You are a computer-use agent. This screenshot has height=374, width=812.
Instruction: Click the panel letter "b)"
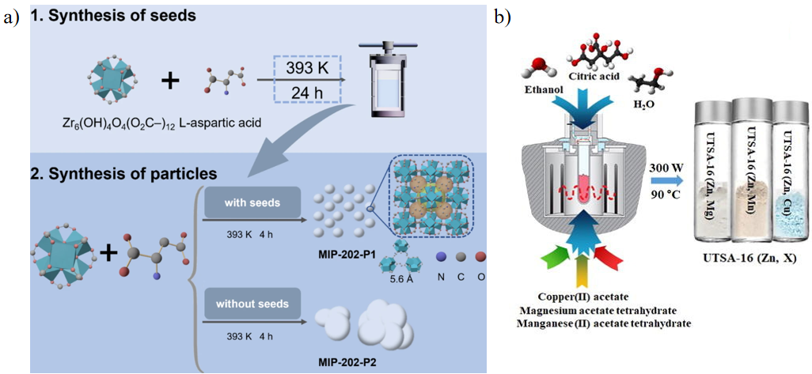tap(503, 15)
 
